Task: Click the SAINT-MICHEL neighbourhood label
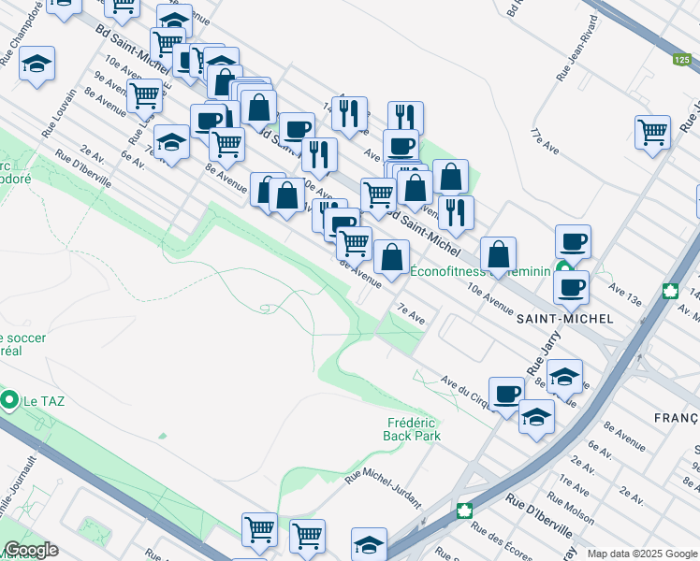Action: [x=565, y=319]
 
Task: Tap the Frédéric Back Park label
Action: [x=413, y=429]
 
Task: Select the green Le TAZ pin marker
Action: [x=10, y=401]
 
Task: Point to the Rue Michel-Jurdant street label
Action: [x=384, y=489]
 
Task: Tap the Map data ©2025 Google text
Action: [x=643, y=554]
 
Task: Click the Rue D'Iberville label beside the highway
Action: [x=540, y=518]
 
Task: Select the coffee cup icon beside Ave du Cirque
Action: [x=506, y=393]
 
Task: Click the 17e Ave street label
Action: [x=546, y=142]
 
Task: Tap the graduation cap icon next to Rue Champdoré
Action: [x=36, y=64]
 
